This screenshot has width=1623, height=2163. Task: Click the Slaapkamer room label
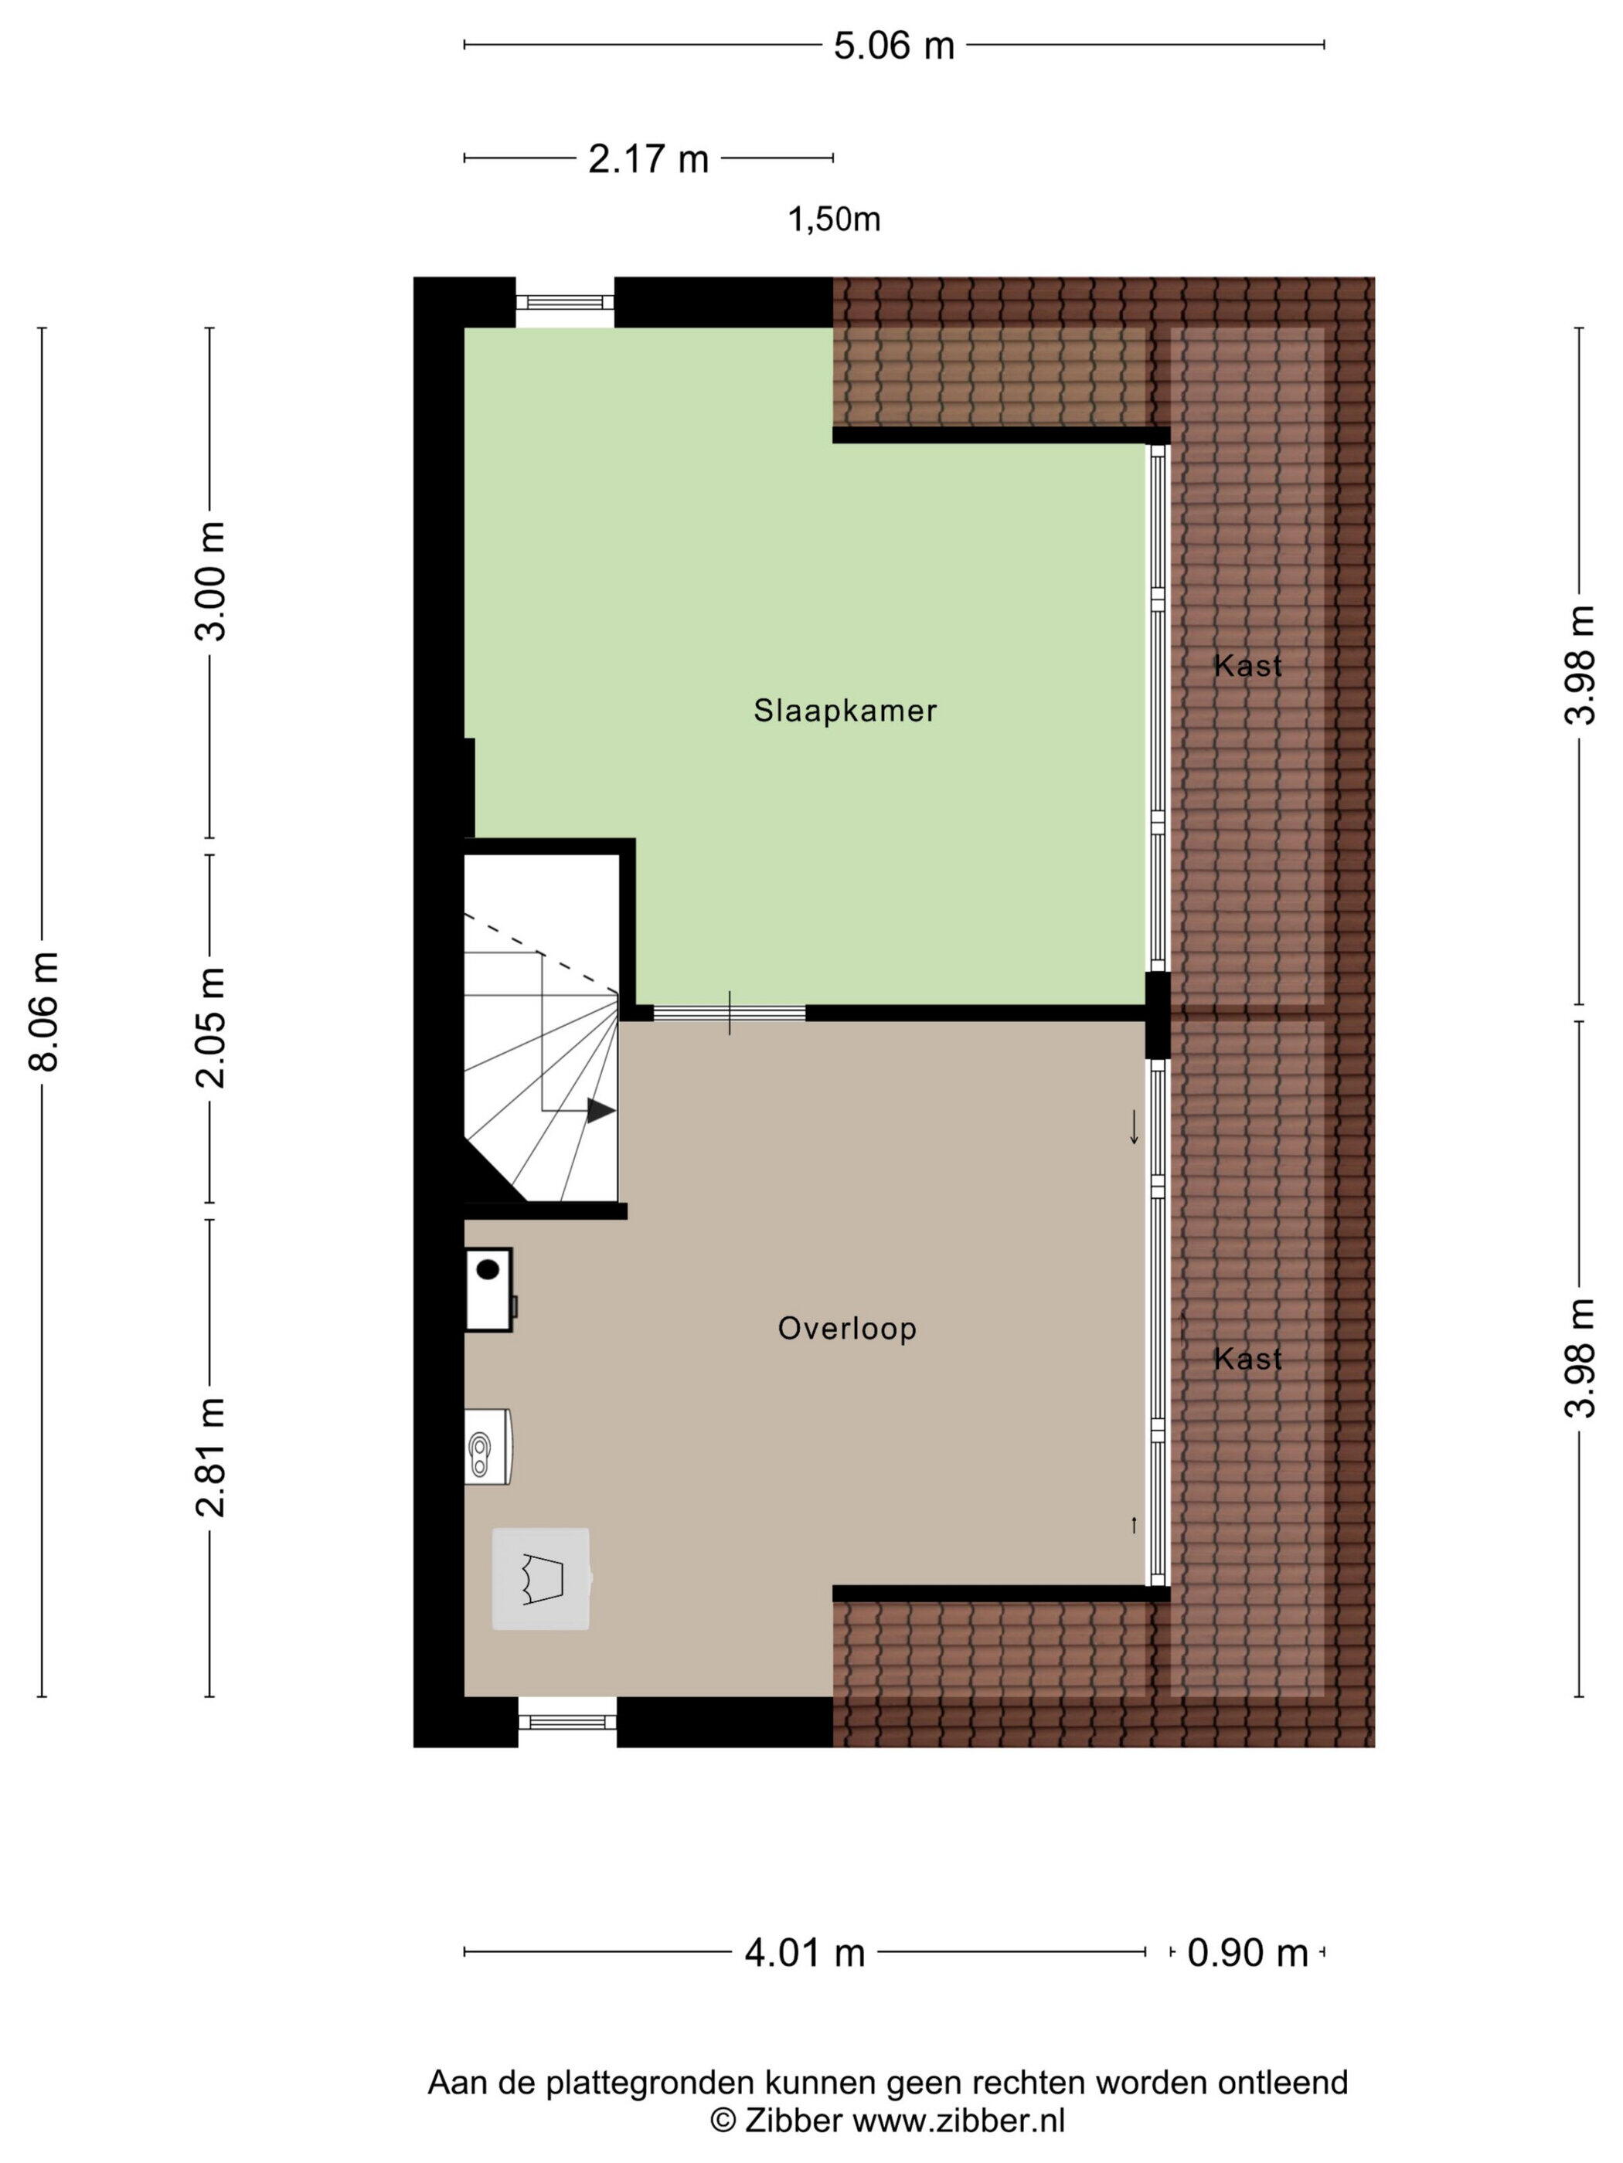pos(844,710)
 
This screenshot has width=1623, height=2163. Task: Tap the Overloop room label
pos(847,1328)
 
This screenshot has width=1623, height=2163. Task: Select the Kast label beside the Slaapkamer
pos(1247,666)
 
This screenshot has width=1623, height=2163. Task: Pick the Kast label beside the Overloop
pos(1247,1358)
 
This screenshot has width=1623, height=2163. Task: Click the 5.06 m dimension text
pos(893,45)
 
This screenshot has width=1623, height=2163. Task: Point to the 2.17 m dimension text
pos(648,158)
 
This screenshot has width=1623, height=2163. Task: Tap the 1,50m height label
pos(835,220)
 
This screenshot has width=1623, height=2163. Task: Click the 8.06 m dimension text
pos(45,1011)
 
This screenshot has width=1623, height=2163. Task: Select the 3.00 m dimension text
pos(210,581)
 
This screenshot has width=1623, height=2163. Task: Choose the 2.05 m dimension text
pos(210,1027)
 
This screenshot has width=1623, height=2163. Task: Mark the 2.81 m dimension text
pos(210,1457)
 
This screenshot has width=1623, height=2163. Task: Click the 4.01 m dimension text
pos(805,1954)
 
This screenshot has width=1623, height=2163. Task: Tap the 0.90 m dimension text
pos(1247,1954)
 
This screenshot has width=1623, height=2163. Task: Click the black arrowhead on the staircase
pos(601,1110)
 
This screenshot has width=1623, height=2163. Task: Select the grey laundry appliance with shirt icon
pos(541,1578)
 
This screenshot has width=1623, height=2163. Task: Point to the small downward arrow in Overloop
pos(1134,1126)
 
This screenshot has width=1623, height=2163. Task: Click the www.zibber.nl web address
pos(959,2120)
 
